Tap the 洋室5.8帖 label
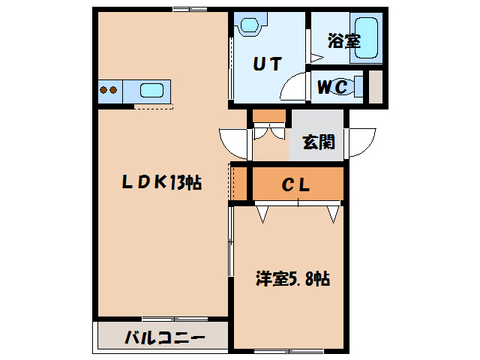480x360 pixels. click(x=291, y=279)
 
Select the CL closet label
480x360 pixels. click(x=295, y=184)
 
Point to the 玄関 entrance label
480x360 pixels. click(x=318, y=141)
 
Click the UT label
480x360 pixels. click(x=265, y=64)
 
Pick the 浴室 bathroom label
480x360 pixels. click(x=343, y=41)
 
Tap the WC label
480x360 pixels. click(x=331, y=87)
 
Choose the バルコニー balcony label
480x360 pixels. click(x=164, y=337)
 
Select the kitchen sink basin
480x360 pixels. click(x=152, y=91)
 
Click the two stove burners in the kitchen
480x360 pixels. click(x=109, y=91)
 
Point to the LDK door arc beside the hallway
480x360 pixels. click(x=232, y=141)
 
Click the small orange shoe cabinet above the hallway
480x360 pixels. click(x=268, y=115)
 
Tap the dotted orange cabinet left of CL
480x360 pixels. click(x=239, y=184)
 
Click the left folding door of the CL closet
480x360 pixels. click(x=262, y=214)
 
